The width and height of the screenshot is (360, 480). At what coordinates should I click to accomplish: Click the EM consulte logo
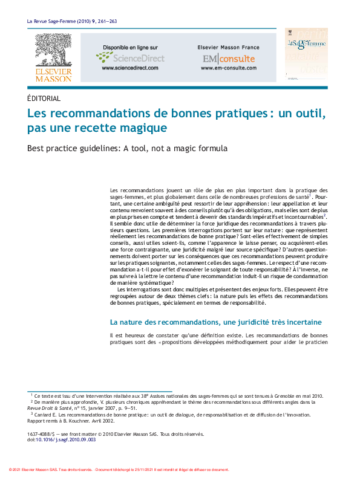click(229, 59)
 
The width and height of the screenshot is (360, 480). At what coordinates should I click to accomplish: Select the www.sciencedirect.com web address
click(130, 68)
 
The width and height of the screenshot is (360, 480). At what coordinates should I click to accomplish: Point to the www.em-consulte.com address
click(229, 68)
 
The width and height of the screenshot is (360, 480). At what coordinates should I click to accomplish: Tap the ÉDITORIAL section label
click(44, 99)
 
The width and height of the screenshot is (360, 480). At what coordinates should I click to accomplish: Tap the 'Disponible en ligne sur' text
click(130, 47)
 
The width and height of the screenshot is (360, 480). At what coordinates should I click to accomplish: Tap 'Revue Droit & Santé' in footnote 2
click(57, 408)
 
